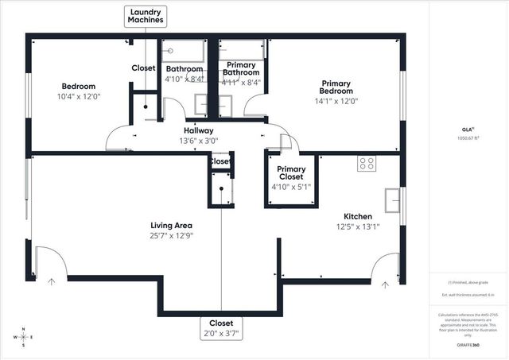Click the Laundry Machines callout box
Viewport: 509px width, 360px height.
[146, 16]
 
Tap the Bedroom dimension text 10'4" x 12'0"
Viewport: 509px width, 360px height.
[79, 97]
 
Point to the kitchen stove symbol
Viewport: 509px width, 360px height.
[367, 163]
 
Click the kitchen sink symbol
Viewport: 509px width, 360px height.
[393, 200]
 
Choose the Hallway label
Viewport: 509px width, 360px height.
[197, 130]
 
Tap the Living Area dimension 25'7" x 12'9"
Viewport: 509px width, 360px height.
[172, 234]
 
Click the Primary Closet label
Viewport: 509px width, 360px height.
[291, 173]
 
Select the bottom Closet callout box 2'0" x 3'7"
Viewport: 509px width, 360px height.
[220, 327]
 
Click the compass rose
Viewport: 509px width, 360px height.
[24, 337]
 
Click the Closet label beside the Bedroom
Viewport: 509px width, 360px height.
[143, 68]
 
